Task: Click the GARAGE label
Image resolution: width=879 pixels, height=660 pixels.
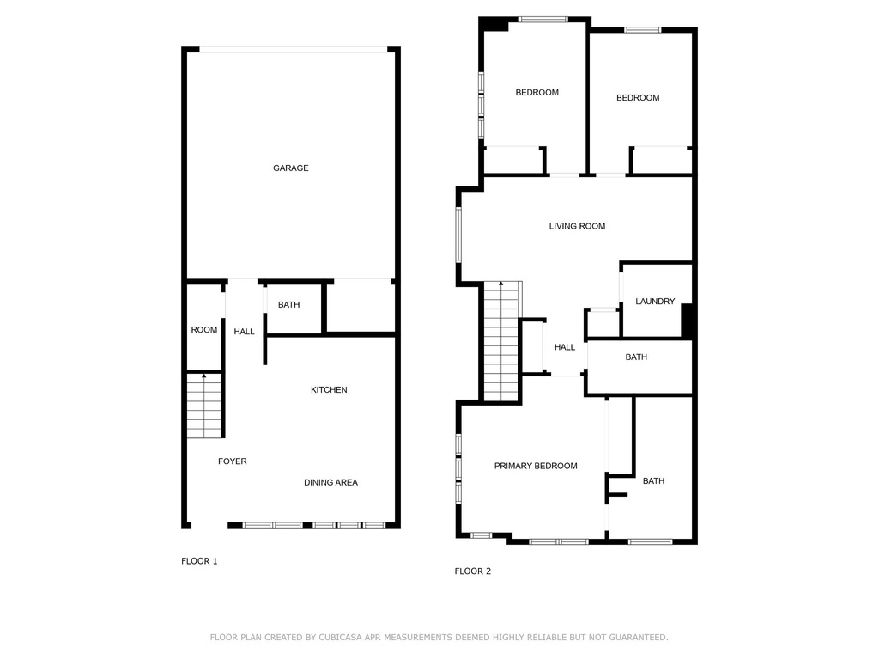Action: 290,168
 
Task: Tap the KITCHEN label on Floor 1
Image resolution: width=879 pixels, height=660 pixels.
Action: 329,389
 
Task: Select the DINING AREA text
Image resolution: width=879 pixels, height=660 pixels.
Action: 330,482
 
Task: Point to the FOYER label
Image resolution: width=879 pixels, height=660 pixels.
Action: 232,461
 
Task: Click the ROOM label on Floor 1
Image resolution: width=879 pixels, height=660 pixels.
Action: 204,329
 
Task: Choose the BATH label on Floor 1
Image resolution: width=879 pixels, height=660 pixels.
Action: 288,305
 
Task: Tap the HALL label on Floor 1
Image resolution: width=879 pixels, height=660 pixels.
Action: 244,332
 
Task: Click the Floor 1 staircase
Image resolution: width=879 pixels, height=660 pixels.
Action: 204,406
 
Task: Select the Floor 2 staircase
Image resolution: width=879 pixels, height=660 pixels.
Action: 502,341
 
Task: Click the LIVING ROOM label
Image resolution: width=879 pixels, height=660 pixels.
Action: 577,226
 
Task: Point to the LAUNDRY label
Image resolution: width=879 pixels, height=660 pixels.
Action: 655,302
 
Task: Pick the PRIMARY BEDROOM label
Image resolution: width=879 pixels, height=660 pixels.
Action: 536,466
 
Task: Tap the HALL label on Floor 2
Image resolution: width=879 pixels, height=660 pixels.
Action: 565,347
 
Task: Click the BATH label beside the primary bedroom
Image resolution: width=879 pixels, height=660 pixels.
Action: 653,481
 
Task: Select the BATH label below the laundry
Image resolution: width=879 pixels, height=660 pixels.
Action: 636,357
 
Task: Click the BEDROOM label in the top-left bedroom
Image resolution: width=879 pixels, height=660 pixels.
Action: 537,93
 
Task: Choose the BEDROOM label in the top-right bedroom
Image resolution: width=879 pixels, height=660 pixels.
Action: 638,98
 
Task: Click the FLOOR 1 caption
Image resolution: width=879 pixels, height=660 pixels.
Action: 199,561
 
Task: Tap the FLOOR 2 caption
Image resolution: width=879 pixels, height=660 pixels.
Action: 473,571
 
